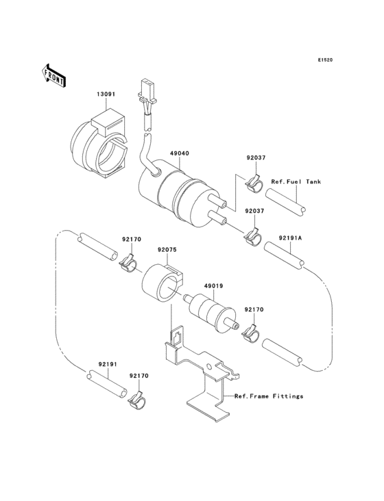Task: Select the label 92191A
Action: [x=290, y=239]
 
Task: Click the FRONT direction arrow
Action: [x=54, y=75]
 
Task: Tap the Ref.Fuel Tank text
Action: [x=296, y=182]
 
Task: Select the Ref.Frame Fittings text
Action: [x=268, y=396]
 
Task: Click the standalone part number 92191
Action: [x=107, y=365]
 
